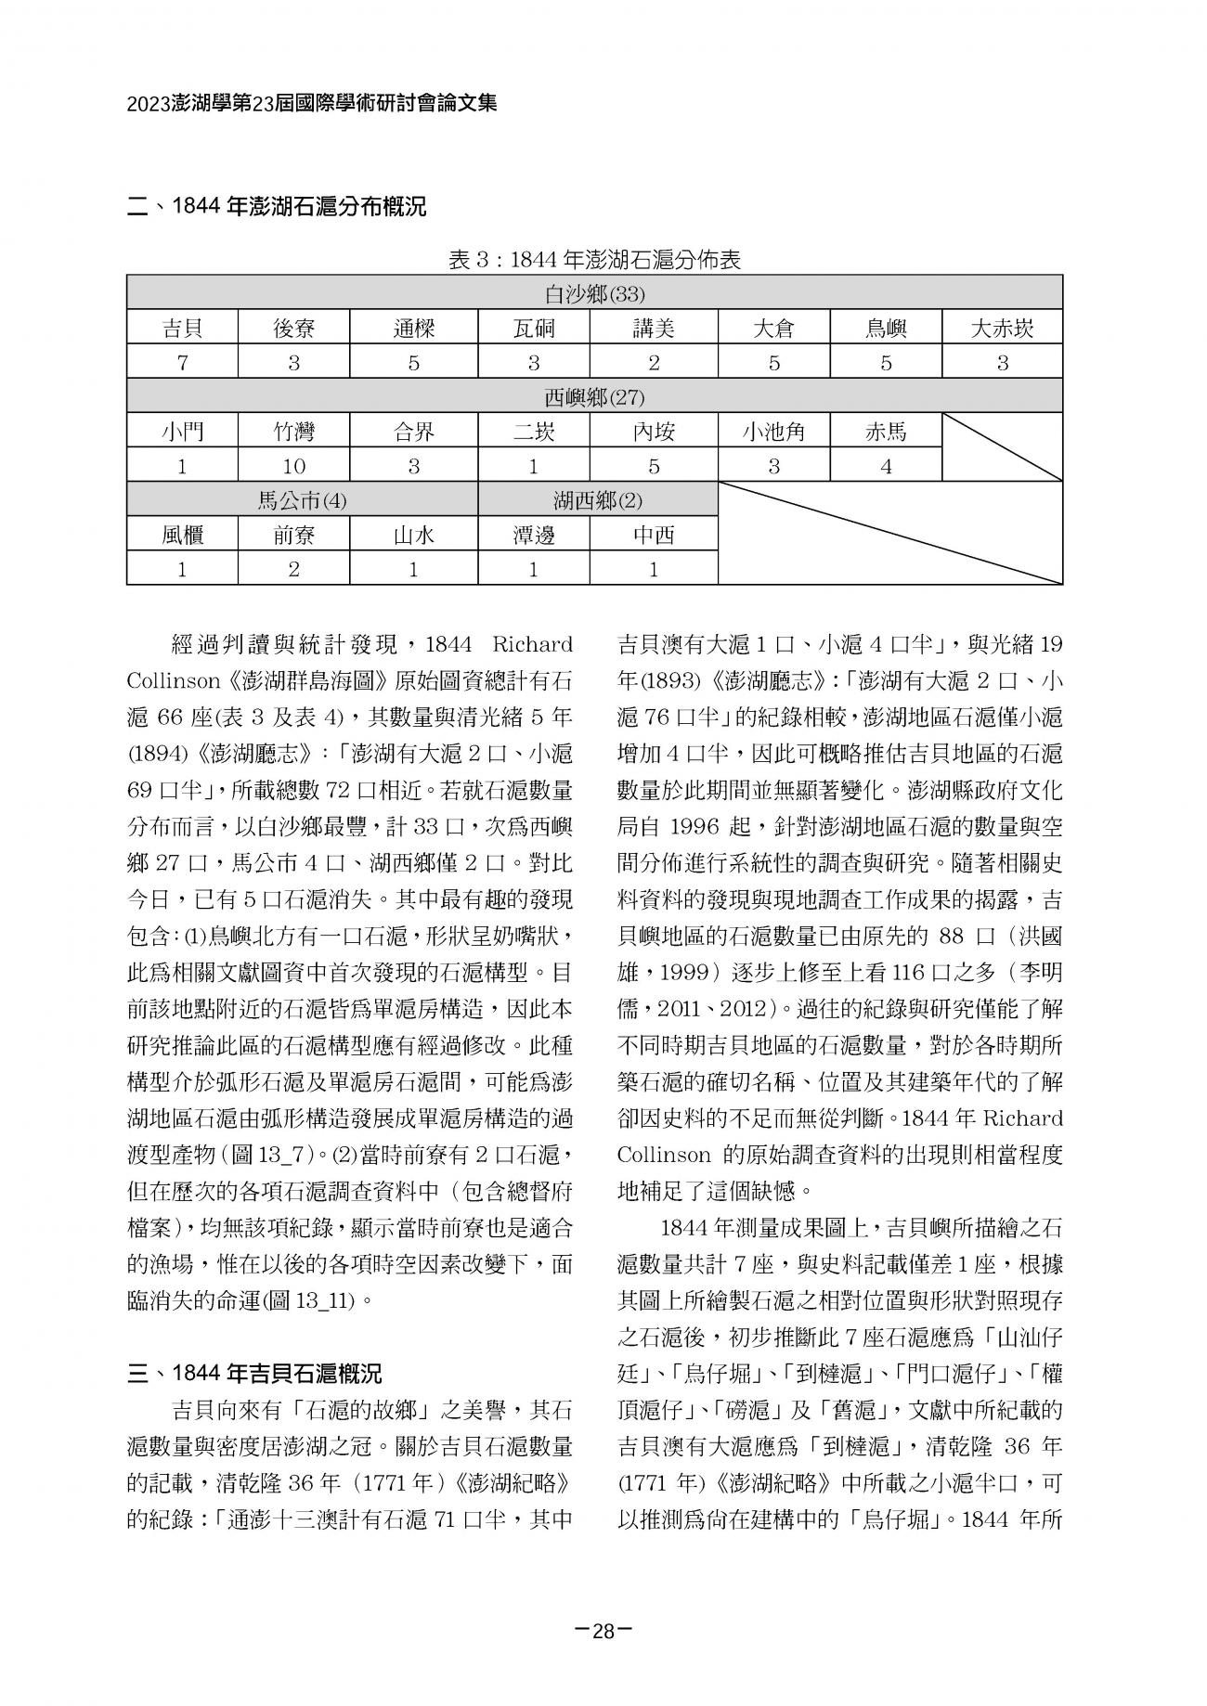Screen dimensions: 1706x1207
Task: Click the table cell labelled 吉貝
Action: click(182, 329)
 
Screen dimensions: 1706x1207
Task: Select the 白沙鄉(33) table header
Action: click(594, 295)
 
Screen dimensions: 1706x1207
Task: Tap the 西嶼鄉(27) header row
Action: click(594, 398)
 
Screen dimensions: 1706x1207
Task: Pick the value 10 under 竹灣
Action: click(293, 467)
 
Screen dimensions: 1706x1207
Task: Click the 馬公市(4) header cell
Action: click(302, 501)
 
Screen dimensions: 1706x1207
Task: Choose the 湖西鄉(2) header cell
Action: click(598, 501)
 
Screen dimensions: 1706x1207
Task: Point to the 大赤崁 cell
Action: click(1002, 329)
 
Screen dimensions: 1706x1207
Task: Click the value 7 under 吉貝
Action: click(182, 363)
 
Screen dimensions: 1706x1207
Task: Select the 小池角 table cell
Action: click(773, 433)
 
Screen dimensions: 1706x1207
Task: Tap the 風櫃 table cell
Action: click(182, 536)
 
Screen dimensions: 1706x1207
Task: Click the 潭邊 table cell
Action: click(533, 536)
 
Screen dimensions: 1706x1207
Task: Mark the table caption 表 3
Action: click(594, 261)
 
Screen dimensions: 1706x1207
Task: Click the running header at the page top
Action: click(312, 103)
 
